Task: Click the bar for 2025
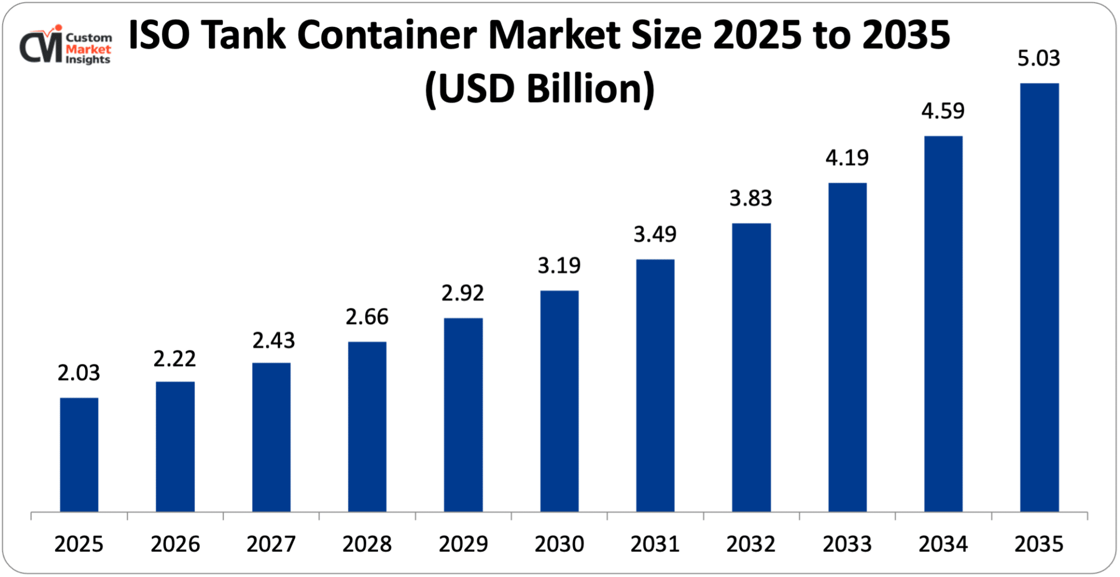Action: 79,454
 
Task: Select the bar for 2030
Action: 559,401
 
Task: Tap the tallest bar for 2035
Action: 1039,297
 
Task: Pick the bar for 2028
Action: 367,426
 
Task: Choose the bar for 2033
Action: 847,347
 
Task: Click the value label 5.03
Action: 1038,58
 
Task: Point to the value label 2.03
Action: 78,373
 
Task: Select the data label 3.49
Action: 655,234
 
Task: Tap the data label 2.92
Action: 463,293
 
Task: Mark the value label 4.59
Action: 943,111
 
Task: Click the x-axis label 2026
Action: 175,544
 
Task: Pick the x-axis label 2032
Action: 751,544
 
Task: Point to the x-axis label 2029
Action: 463,544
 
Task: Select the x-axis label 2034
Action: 943,544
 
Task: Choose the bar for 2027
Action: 271,437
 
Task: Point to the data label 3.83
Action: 750,198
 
